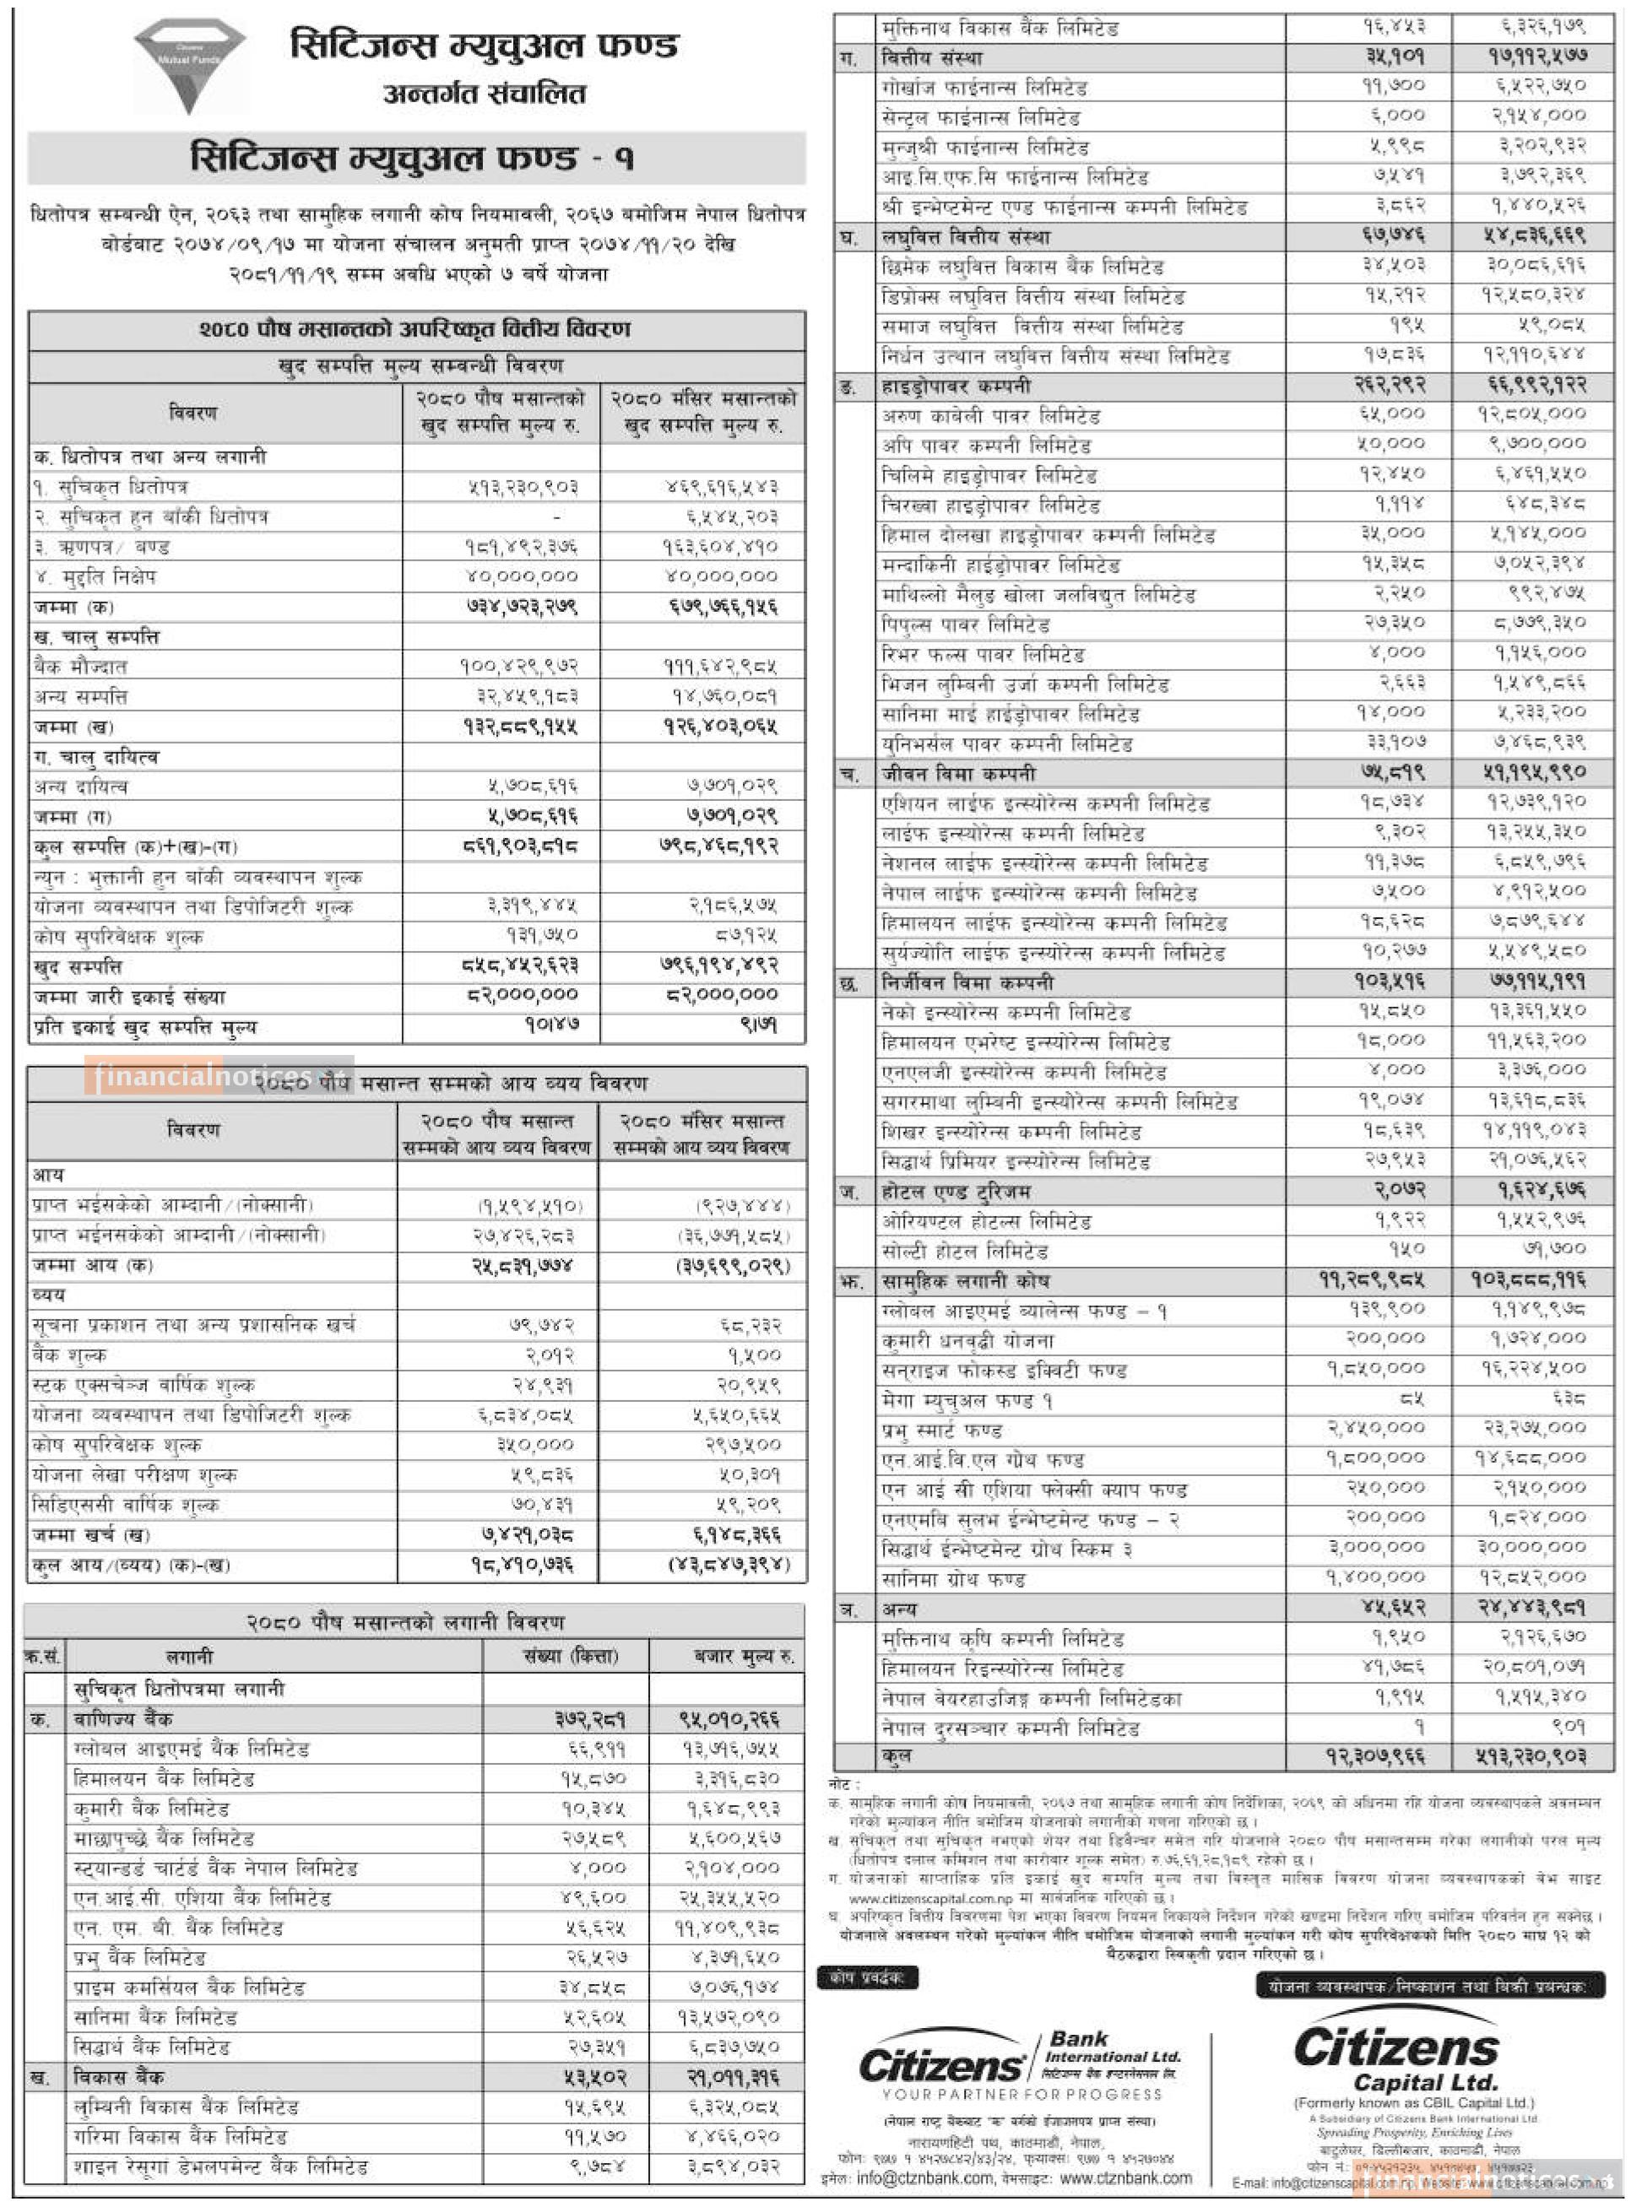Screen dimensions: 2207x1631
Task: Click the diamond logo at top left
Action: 190,65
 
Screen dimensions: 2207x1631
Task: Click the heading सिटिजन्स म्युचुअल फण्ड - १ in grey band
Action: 413,159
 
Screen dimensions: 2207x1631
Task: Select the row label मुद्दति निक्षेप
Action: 95,576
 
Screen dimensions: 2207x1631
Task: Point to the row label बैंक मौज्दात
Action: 80,666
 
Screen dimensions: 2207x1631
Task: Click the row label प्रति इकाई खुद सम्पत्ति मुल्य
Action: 144,1026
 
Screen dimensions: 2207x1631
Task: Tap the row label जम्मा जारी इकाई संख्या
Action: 129,997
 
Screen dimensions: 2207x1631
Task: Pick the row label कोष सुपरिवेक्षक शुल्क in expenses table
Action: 116,1445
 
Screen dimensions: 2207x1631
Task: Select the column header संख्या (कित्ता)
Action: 571,1656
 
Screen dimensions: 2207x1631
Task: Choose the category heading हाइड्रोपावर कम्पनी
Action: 956,386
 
